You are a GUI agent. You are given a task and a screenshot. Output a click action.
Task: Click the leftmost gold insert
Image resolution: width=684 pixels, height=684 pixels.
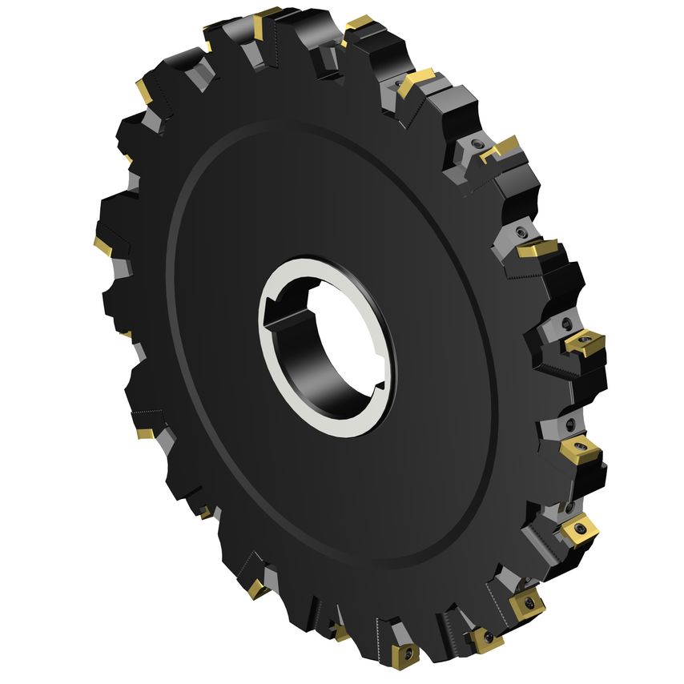point(102,243)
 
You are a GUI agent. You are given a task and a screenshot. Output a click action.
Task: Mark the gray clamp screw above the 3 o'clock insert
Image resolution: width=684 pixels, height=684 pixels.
point(521,232)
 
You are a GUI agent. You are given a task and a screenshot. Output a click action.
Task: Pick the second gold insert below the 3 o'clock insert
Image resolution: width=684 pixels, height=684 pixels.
point(577,529)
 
